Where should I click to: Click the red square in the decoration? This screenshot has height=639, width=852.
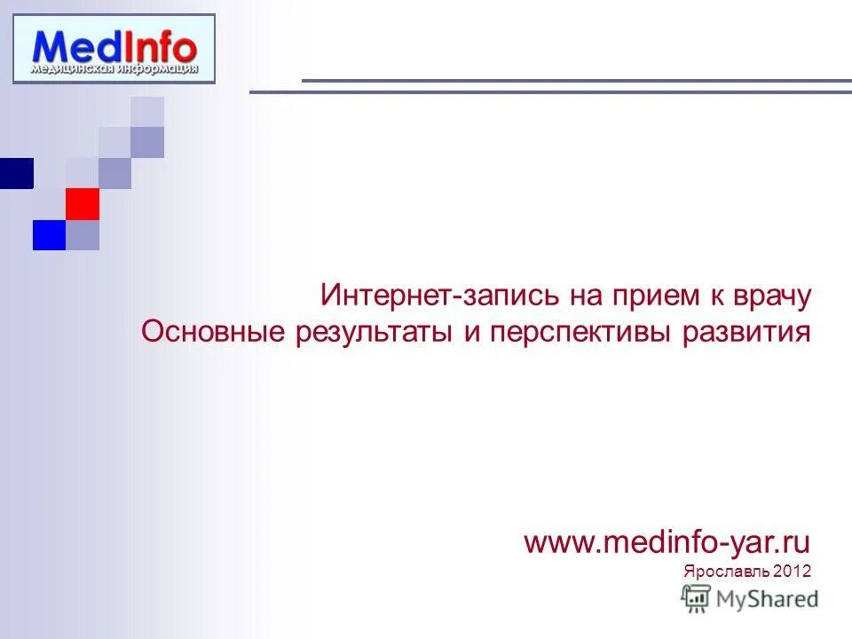pyautogui.click(x=83, y=203)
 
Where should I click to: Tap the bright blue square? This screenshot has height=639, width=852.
pyautogui.click(x=50, y=234)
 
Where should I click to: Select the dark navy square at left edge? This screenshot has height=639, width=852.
pyautogui.click(x=16, y=173)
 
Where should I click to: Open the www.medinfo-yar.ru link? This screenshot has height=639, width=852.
pyautogui.click(x=667, y=541)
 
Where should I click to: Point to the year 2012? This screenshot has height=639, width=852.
pyautogui.click(x=792, y=571)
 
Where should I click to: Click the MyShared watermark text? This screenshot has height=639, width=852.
pyautogui.click(x=767, y=599)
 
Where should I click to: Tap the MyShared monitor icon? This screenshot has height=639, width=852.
pyautogui.click(x=697, y=599)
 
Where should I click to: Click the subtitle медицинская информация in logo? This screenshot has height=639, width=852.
pyautogui.click(x=114, y=67)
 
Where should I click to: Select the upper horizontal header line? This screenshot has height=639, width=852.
pyautogui.click(x=577, y=81)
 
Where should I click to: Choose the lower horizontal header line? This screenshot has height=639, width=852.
pyautogui.click(x=550, y=91)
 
